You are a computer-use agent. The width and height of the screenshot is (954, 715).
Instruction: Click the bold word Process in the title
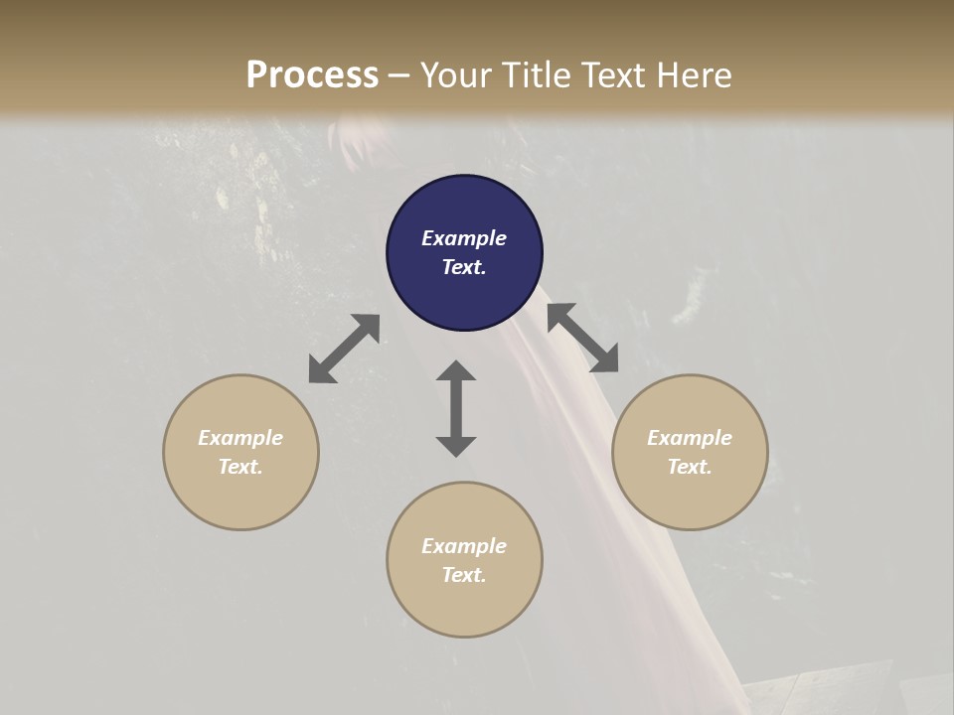coord(312,75)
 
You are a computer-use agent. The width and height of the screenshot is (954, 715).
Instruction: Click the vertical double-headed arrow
coord(456,408)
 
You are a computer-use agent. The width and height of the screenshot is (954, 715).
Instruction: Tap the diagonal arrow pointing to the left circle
coord(344,349)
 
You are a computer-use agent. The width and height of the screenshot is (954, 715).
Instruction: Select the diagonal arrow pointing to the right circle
coord(582,338)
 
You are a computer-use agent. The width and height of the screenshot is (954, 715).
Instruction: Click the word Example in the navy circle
coord(464,238)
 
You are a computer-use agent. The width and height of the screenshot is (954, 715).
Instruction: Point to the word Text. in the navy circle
coord(464,267)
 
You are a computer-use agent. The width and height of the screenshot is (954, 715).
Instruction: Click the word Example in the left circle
coord(240,438)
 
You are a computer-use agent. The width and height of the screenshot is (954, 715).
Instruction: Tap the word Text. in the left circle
coord(240,467)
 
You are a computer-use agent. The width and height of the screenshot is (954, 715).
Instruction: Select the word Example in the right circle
coord(690,438)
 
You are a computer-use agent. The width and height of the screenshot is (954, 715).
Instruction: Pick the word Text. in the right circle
coord(690,467)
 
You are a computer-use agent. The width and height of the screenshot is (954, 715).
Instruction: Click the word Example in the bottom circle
coord(464,546)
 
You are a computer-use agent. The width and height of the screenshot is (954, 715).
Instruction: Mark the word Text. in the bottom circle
coord(464,575)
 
